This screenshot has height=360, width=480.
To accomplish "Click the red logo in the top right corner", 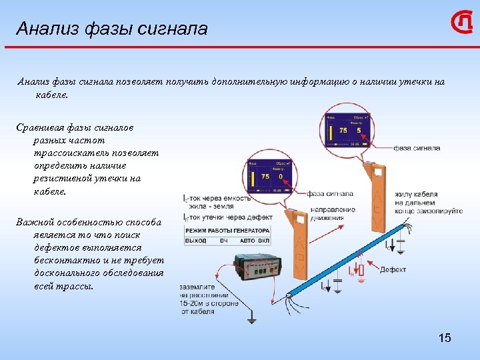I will pos(462,23).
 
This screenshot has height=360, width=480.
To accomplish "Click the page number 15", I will pos(445,338).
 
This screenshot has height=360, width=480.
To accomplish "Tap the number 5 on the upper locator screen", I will pos(359,130).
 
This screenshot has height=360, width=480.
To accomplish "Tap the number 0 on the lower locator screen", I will pos(281,177).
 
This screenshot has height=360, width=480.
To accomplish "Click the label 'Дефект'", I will pos(393,270).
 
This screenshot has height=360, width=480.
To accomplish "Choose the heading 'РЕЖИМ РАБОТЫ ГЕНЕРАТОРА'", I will pos(227,230).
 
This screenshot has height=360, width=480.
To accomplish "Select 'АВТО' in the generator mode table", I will pos(247,239).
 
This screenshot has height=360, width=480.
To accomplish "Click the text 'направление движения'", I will pos(331,213).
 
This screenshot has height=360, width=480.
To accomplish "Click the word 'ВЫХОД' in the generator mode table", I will pos(196,239).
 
